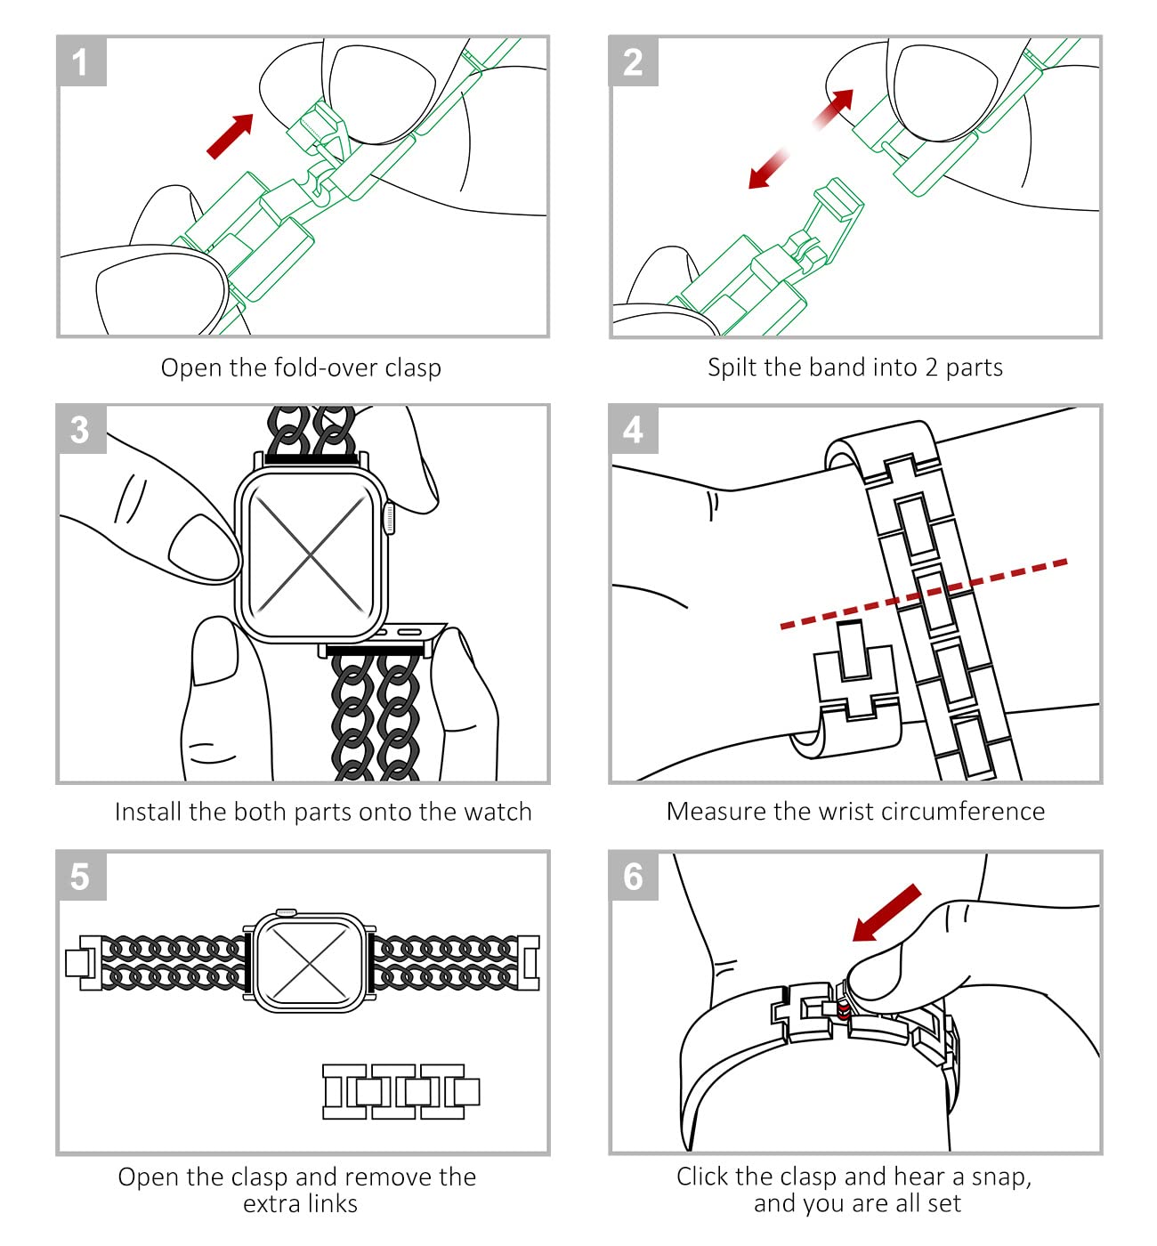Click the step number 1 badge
click(x=82, y=61)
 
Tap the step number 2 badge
click(x=633, y=61)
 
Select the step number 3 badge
click(x=82, y=429)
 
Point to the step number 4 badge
click(x=633, y=429)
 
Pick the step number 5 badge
click(x=82, y=875)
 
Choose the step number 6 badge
click(x=633, y=875)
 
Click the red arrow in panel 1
click(x=230, y=136)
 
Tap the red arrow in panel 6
click(x=886, y=913)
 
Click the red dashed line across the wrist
click(x=923, y=594)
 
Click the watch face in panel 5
click(x=311, y=962)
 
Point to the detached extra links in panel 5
click(x=400, y=1092)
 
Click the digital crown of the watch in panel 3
click(x=390, y=518)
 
